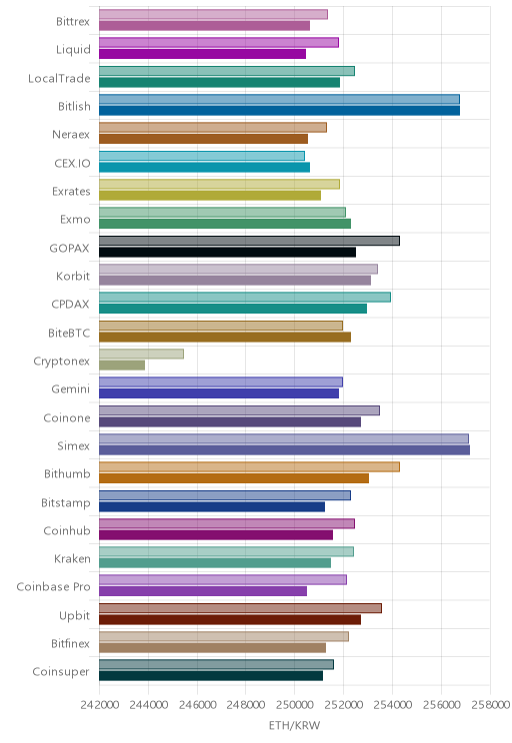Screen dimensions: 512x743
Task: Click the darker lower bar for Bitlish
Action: [x=279, y=111]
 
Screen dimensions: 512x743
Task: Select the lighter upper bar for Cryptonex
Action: [x=141, y=354]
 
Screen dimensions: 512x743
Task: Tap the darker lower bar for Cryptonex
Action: [x=122, y=366]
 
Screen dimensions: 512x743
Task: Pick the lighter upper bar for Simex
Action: [x=284, y=438]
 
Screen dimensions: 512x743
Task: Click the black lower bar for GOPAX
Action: [x=227, y=252]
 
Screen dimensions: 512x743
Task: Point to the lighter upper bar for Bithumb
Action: [x=249, y=466]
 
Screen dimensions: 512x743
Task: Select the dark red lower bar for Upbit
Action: [x=230, y=620]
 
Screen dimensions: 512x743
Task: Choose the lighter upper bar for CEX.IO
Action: [x=202, y=156]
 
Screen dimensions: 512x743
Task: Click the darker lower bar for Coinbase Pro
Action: [x=203, y=591]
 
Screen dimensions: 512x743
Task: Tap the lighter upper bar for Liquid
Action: [x=219, y=43]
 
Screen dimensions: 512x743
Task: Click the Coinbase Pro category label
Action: [x=53, y=586]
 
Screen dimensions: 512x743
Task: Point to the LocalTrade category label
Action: [x=59, y=78]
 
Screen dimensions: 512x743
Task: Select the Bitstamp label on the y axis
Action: [x=65, y=502]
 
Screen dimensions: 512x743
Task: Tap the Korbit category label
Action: [x=73, y=276]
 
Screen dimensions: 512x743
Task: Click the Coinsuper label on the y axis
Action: [x=61, y=671]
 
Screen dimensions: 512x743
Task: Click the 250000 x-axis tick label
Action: [x=295, y=705]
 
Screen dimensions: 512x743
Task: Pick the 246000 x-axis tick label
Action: [x=197, y=705]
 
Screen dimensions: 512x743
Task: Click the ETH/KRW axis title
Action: [x=295, y=725]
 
